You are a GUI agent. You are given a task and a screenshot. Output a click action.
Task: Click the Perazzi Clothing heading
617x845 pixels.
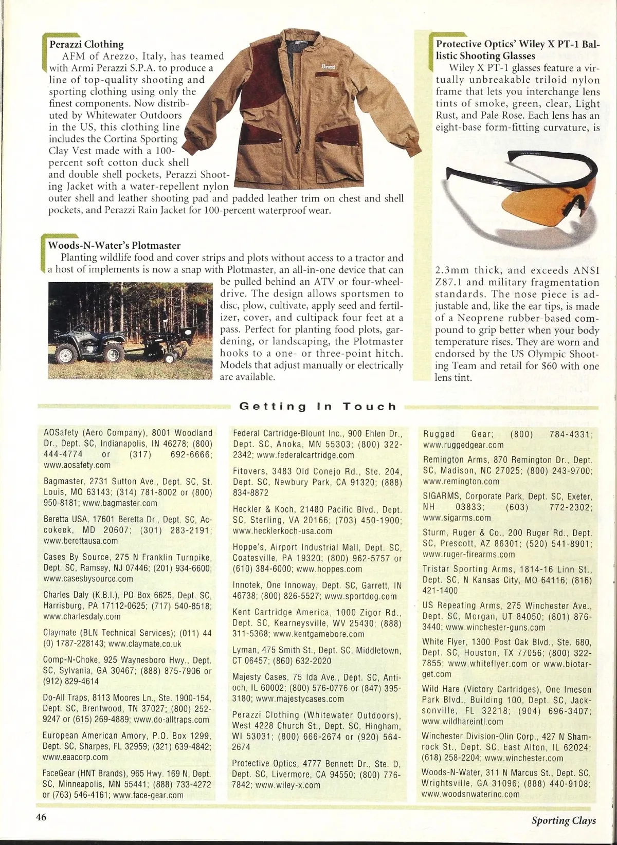pos(86,44)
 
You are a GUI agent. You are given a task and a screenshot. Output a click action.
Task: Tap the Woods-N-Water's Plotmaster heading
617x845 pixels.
pos(114,246)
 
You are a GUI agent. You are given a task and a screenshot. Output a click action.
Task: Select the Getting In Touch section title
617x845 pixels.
pos(318,407)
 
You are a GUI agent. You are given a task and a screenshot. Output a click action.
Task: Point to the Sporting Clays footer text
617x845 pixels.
pos(564,820)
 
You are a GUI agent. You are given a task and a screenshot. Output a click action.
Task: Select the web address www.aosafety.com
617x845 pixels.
pos(77,465)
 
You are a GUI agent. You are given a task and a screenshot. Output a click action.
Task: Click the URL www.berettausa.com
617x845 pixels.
pos(81,541)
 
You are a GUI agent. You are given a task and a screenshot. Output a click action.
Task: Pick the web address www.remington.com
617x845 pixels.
pos(461,482)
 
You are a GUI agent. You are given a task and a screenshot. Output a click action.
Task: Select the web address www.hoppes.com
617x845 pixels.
pos(329,569)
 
